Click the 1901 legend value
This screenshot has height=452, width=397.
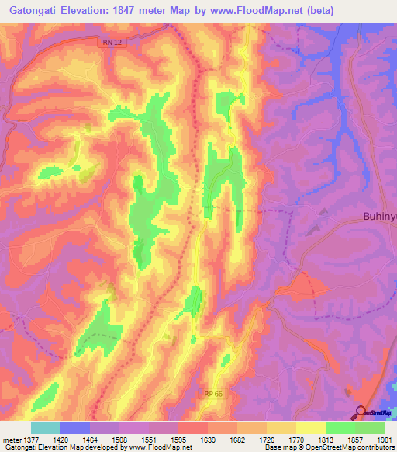pos(383,439)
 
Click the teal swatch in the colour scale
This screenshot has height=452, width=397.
pos(46,428)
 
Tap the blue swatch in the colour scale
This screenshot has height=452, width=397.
pos(75,428)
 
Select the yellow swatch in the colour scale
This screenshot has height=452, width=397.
pos(310,428)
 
